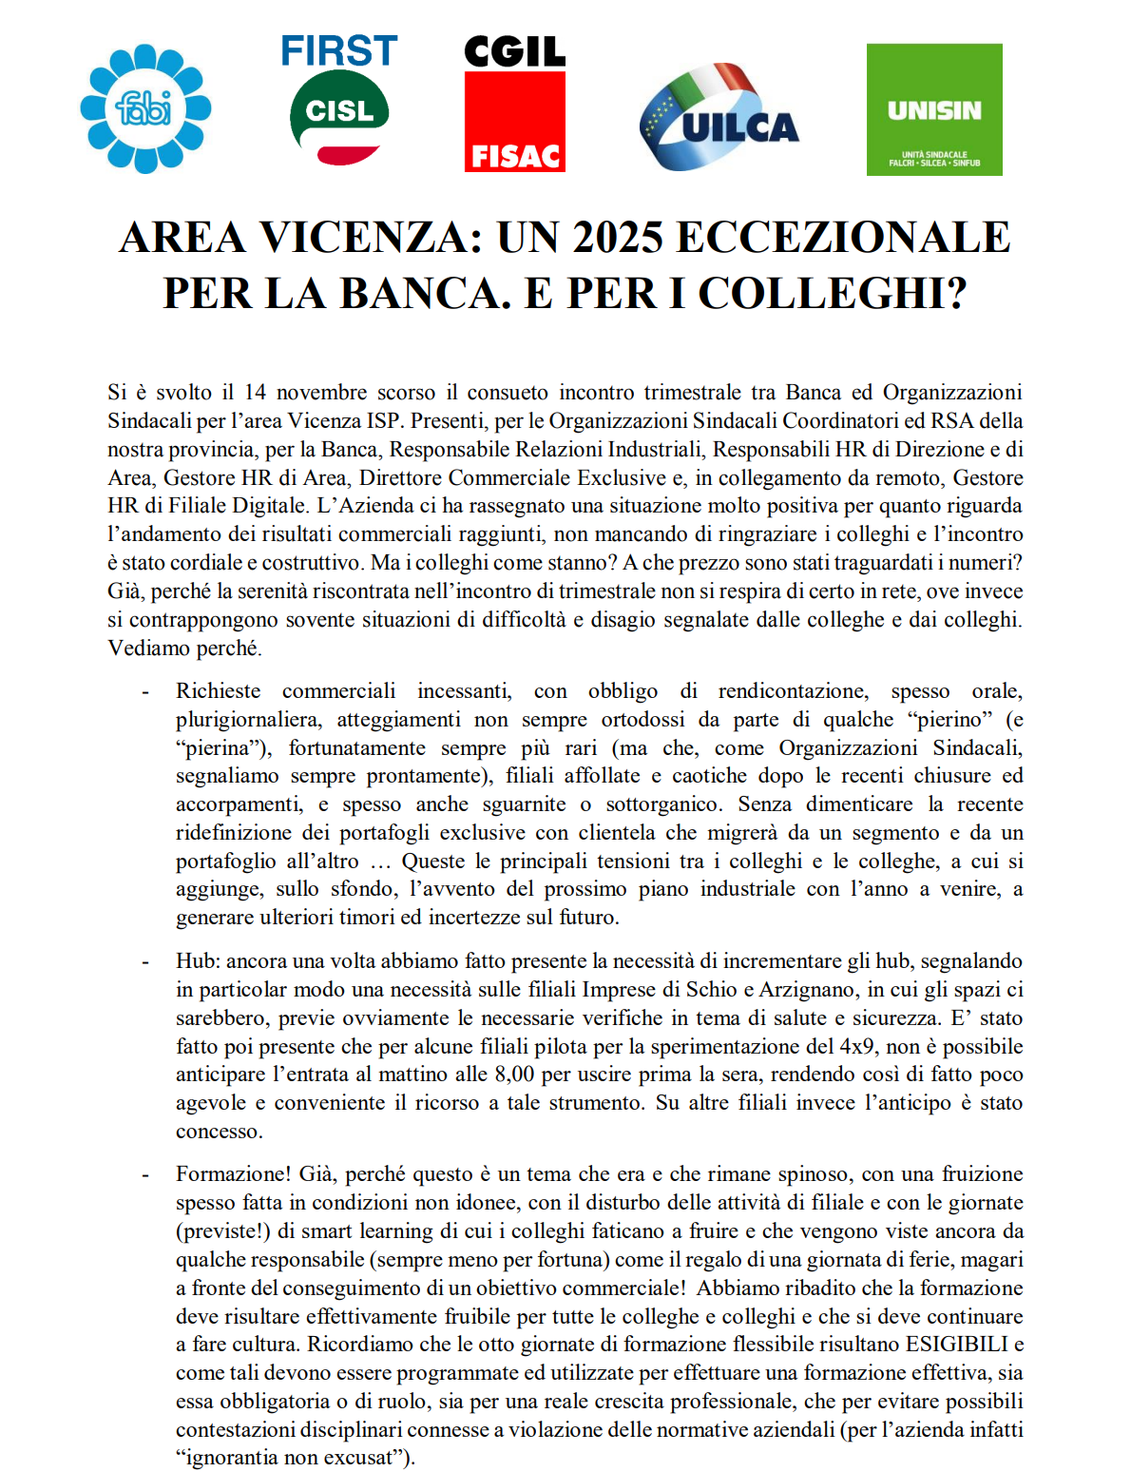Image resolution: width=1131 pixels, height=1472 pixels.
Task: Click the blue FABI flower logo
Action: [145, 108]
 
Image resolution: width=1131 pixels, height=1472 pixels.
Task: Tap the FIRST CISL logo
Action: [339, 102]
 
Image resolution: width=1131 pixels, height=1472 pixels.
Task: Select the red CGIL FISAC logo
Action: [514, 104]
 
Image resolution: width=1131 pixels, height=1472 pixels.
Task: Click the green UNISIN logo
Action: [934, 109]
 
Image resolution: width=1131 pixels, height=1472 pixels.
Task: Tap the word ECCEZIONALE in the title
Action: [843, 238]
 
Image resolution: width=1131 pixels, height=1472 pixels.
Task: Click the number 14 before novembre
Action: [255, 393]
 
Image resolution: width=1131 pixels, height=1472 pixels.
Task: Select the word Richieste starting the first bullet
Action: [218, 691]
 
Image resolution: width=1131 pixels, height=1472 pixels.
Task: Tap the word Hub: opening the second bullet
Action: [198, 961]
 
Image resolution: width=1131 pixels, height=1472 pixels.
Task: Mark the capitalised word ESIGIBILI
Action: [957, 1345]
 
